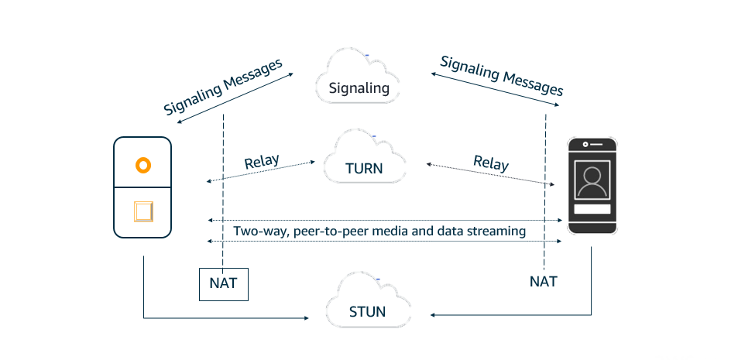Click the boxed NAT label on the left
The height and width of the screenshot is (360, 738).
(x=223, y=284)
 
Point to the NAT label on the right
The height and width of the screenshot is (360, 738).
(x=543, y=281)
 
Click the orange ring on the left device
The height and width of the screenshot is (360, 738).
(x=142, y=165)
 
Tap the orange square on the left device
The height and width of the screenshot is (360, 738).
(x=142, y=211)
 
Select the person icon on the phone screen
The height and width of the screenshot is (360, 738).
(x=592, y=181)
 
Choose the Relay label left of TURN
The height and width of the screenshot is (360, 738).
(x=261, y=163)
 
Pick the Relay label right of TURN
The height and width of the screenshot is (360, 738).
(x=491, y=163)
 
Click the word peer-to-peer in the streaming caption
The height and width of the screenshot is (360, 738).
(x=319, y=231)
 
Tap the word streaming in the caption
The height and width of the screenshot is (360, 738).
(x=498, y=231)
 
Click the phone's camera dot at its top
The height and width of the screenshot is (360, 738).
(x=585, y=144)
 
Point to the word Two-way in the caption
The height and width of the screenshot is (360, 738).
(x=258, y=231)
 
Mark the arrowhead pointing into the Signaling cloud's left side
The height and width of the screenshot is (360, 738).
(x=291, y=74)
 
